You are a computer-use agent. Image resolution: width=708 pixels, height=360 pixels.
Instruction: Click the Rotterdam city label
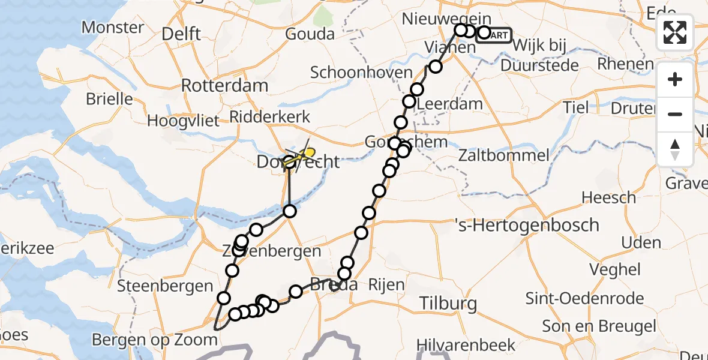[x=224, y=85]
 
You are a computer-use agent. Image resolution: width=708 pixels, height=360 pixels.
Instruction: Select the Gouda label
[x=310, y=34]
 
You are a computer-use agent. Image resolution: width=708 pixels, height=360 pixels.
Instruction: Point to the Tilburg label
[x=448, y=303]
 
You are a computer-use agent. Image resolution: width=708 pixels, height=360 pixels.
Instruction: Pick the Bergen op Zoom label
[x=155, y=340]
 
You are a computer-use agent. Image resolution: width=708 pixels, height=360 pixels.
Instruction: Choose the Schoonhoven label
[x=361, y=73]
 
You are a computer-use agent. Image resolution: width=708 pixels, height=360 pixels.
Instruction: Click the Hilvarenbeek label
[x=467, y=345]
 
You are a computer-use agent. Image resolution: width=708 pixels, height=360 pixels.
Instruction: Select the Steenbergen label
[x=166, y=286]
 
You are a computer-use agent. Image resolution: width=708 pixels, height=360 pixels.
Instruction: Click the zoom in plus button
[x=675, y=80]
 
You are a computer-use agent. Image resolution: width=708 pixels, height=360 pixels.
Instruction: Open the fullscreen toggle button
[x=675, y=32]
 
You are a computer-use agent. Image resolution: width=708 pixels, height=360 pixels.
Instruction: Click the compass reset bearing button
[x=675, y=149]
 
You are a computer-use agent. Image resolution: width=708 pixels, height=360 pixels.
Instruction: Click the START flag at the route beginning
[x=494, y=35]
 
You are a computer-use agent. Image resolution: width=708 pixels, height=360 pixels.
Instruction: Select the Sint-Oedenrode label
[x=584, y=298]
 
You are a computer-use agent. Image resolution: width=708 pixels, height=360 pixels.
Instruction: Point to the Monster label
[x=113, y=27]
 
